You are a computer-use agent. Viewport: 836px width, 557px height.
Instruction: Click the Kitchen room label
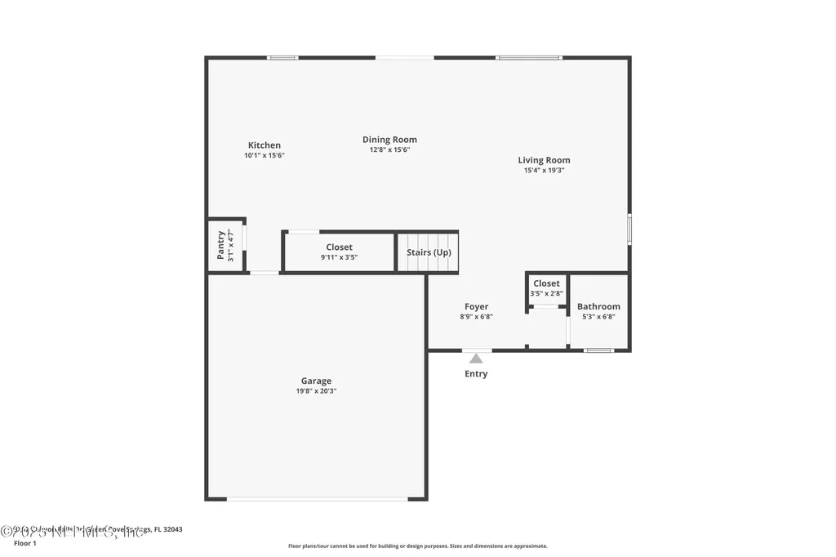(264, 145)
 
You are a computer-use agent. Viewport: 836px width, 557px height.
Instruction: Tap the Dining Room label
(389, 140)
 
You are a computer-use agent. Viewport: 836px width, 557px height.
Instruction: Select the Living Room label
(544, 160)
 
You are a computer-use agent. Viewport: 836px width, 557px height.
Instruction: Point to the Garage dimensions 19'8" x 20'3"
(316, 391)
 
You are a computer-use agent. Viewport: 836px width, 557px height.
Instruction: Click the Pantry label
(220, 245)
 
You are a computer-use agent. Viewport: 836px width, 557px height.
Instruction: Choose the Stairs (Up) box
(429, 252)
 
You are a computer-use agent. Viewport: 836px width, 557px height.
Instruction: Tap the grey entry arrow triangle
(476, 358)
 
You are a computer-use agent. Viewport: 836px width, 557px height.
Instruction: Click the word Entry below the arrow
(476, 374)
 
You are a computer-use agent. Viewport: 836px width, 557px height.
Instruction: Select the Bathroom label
(598, 306)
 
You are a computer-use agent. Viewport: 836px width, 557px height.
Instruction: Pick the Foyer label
(476, 307)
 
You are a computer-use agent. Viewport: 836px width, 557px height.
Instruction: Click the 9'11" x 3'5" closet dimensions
(339, 257)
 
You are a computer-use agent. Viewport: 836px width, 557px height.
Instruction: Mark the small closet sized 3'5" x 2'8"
(546, 288)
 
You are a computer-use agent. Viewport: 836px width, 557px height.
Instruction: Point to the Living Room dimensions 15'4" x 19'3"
(544, 171)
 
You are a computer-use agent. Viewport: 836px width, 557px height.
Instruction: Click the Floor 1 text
(25, 543)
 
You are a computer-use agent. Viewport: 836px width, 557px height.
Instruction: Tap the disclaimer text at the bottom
(417, 546)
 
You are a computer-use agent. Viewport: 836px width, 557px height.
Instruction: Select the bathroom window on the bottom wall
(598, 350)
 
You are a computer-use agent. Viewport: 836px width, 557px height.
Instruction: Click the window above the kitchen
(282, 57)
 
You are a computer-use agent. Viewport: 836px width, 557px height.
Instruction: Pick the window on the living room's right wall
(629, 229)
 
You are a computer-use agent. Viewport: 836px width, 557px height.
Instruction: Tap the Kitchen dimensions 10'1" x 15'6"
(264, 155)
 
